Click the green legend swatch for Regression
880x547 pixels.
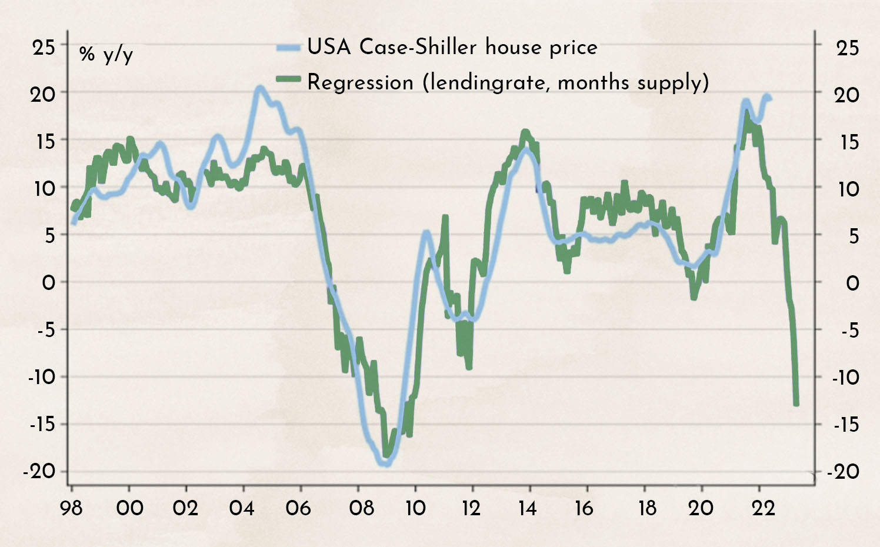(x=288, y=81)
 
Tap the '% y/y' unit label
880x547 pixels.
(x=106, y=54)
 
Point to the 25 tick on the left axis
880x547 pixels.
(x=44, y=47)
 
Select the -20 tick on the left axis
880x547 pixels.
(x=39, y=471)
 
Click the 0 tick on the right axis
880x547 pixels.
(x=852, y=283)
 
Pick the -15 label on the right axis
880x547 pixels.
(x=846, y=424)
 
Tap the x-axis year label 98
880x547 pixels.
(x=72, y=508)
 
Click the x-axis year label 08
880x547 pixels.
(x=361, y=508)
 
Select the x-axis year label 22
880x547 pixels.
(x=764, y=508)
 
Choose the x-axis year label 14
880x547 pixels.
(x=528, y=508)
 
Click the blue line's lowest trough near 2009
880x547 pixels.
(x=386, y=463)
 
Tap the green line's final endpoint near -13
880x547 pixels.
(x=796, y=403)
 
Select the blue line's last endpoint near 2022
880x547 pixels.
(x=770, y=98)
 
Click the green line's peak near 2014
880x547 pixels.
(x=525, y=133)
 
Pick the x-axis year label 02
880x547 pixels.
(x=185, y=508)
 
